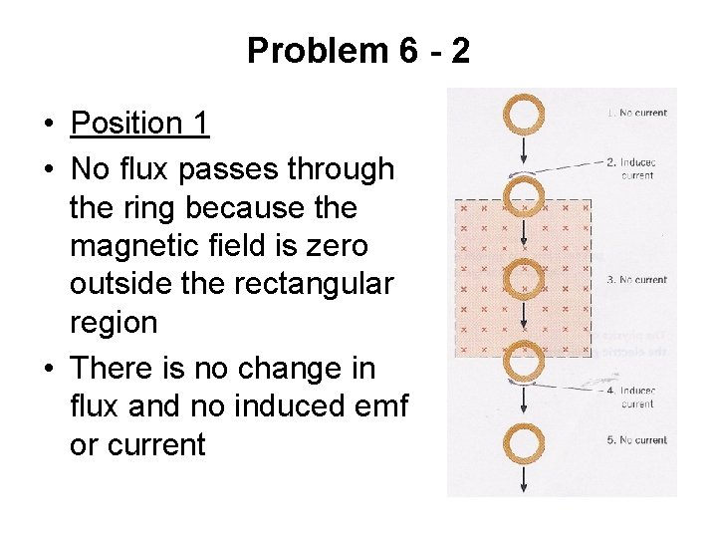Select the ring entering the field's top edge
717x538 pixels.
pos(524,197)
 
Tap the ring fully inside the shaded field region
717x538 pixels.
pos(524,278)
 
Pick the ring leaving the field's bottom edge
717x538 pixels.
pos(524,362)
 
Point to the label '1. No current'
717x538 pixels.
pos(636,114)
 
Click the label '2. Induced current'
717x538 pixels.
pos(636,168)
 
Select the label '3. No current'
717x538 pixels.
pos(636,280)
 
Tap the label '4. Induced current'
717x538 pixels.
pos(636,398)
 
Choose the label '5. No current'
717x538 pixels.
pos(636,440)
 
